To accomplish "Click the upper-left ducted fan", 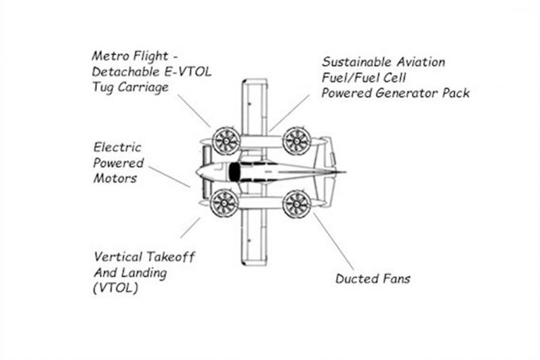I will [225, 141].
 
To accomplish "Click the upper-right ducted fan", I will [296, 141].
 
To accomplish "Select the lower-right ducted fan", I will [296, 203].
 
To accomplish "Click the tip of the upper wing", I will [253, 84].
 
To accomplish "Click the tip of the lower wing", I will [253, 258].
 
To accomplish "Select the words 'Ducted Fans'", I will [372, 279].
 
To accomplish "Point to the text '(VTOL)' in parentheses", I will [114, 287].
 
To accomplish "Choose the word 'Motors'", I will [114, 178].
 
